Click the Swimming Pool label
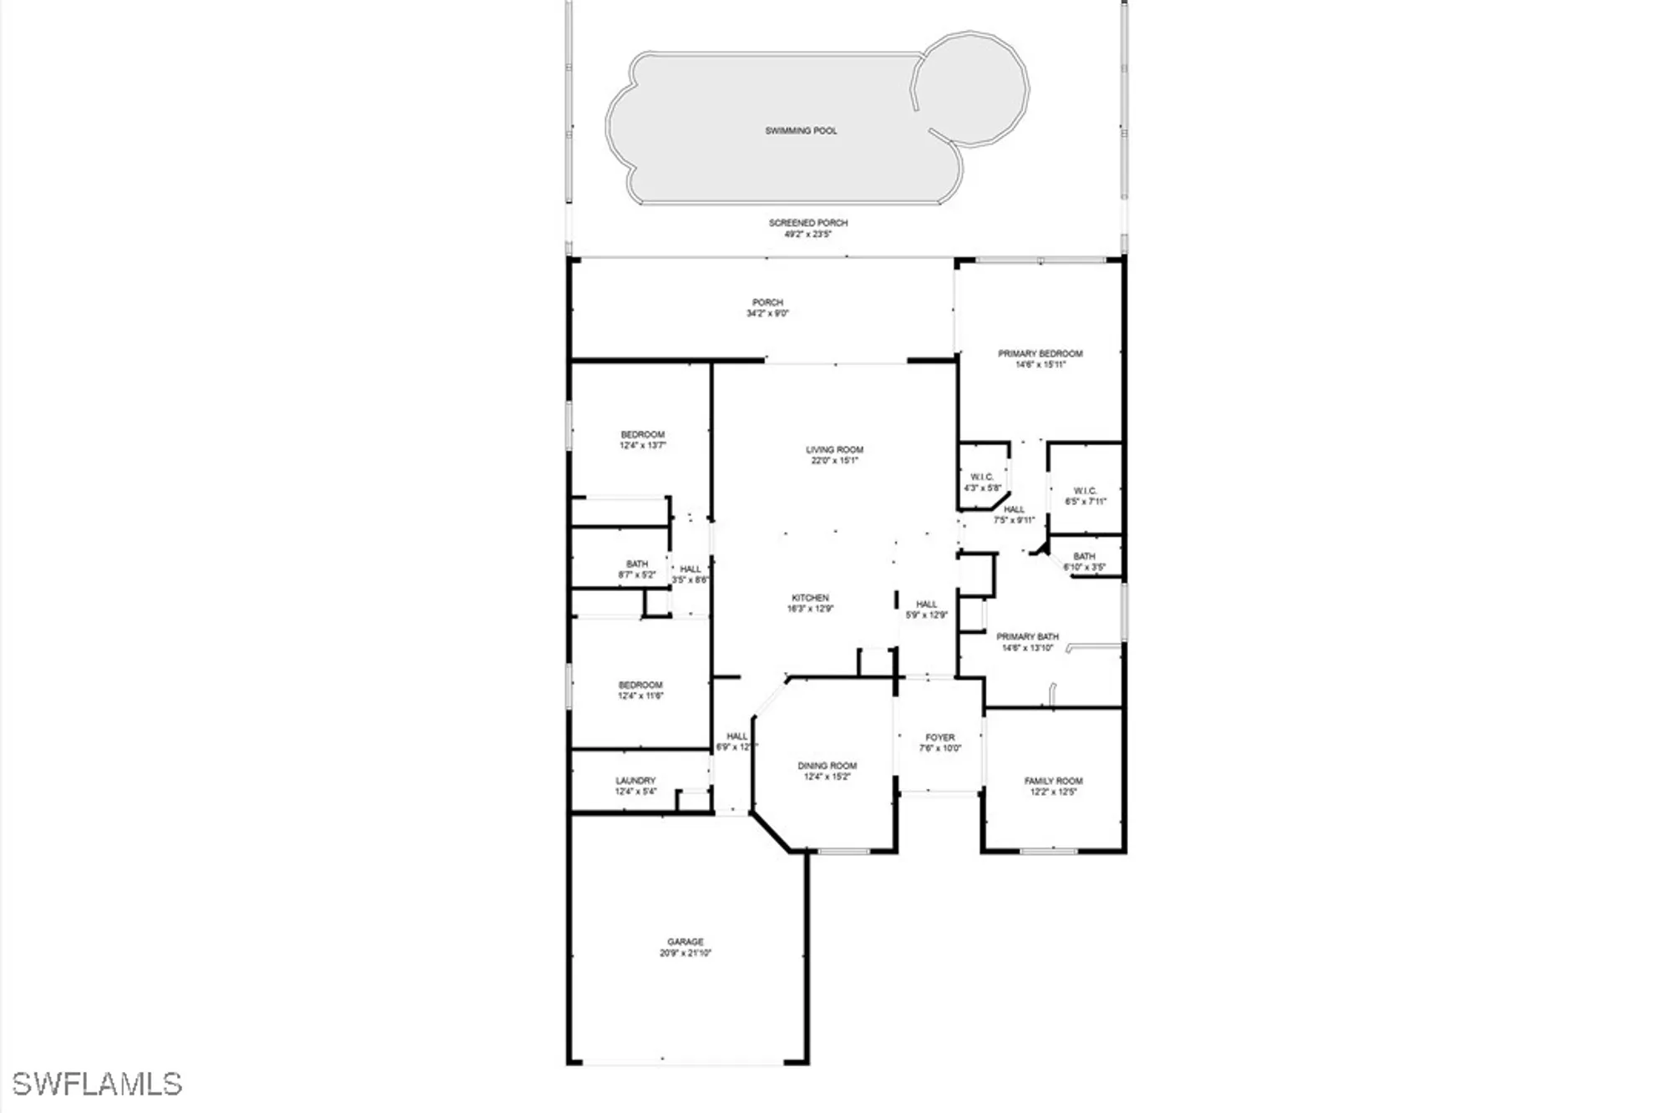pos(801,131)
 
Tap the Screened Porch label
pos(807,223)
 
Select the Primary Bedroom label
pos(1040,354)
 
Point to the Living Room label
pos(834,450)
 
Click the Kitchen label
pos(810,598)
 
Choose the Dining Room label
pos(827,766)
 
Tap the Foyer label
pos(939,738)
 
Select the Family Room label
pos(1053,782)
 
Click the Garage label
pos(685,942)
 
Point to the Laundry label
pos(635,781)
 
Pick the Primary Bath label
pos(1027,637)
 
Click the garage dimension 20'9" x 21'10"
pos(685,954)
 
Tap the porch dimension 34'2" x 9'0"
pos(767,314)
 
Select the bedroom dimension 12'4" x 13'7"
pos(642,446)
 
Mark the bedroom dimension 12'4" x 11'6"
pos(640,696)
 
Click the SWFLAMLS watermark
pos(97,1084)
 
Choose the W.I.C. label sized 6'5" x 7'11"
pos(1085,491)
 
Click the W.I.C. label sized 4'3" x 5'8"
pos(982,478)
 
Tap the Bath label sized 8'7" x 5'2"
pos(636,564)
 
